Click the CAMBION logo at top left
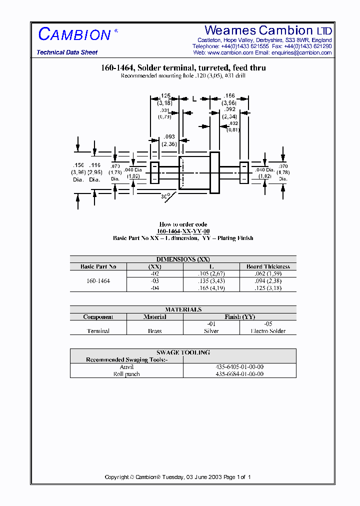pos(75,34)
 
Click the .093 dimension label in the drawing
pos(169,137)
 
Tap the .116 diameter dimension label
pos(95,165)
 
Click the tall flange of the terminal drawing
pos(214,172)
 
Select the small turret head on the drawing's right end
pos(244,172)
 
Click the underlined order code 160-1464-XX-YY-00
pos(183,231)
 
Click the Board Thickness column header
pos(268,266)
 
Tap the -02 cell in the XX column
pos(155,273)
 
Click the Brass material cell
pos(155,331)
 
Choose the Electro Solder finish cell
pos(268,331)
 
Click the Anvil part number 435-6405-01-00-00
pos(239,366)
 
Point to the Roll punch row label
pos(126,374)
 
